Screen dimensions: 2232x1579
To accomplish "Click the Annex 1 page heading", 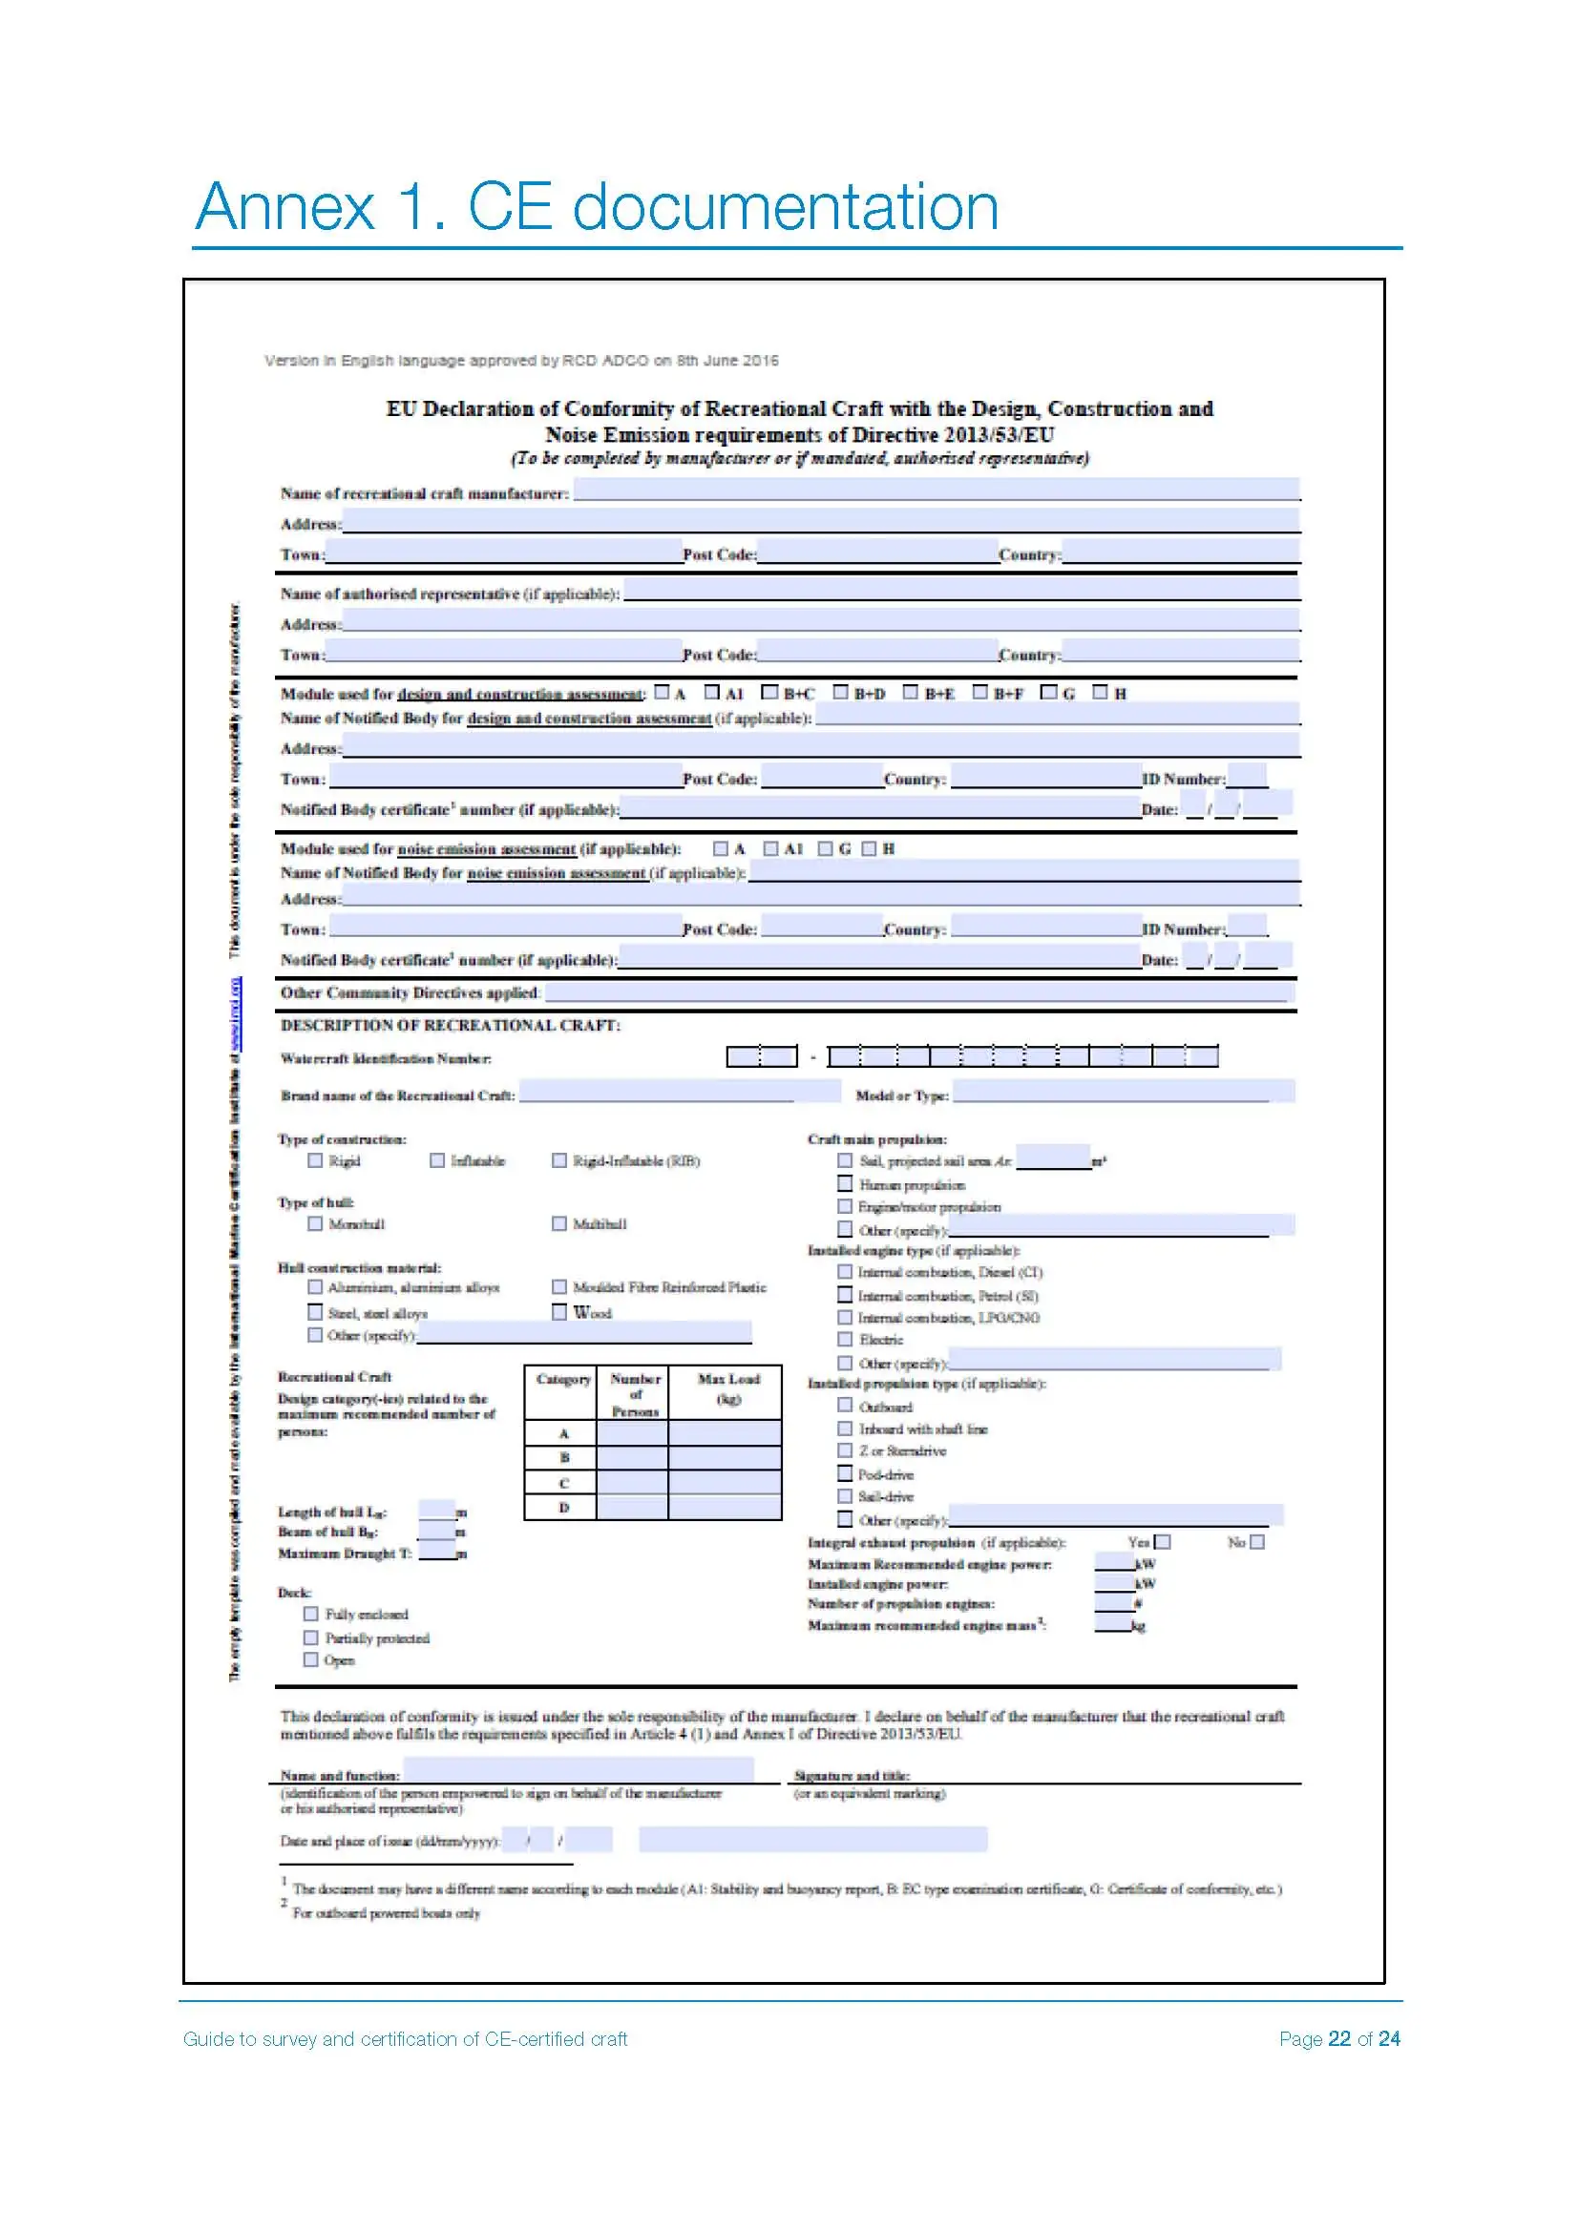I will coord(596,207).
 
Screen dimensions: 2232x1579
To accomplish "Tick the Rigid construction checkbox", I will coord(315,1159).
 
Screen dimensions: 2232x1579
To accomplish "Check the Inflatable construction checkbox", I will coord(437,1159).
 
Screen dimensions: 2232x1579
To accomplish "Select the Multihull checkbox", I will coord(559,1223).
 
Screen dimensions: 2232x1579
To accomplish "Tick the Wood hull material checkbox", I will coord(559,1311).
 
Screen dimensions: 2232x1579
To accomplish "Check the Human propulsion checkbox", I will coord(845,1183).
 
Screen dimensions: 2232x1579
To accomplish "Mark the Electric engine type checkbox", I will coord(845,1339).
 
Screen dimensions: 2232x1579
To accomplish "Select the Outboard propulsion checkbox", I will coord(845,1405).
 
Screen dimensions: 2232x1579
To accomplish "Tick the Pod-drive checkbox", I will coord(845,1472).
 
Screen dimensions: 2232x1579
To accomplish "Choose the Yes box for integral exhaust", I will coord(1162,1542).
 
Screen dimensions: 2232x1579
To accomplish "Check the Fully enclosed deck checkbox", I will coord(311,1613).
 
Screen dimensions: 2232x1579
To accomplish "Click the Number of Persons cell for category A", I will coord(632,1432).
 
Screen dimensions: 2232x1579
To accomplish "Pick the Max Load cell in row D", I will coord(725,1507).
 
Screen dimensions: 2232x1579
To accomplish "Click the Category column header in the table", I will coord(563,1380).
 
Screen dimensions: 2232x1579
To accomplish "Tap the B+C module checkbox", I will coord(770,692).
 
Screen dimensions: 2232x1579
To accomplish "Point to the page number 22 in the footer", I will coord(1338,2038).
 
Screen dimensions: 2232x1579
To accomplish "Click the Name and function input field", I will coord(579,1768).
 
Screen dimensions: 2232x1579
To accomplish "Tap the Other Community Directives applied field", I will coord(918,991).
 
